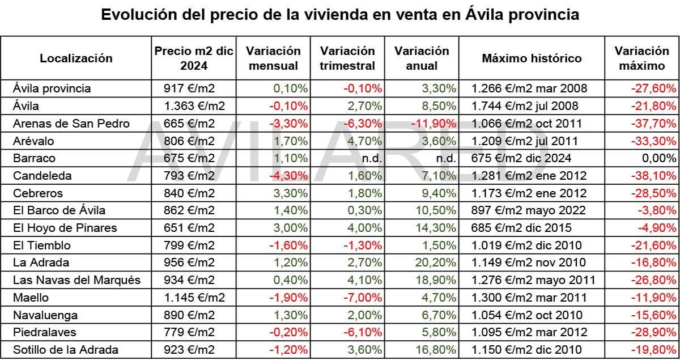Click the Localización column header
pos(76,58)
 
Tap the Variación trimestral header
pos(347,58)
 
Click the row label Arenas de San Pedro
pos(71,124)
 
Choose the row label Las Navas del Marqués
pos(76,280)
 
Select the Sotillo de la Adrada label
pos(66,350)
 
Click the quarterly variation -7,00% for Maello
pos(364,298)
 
